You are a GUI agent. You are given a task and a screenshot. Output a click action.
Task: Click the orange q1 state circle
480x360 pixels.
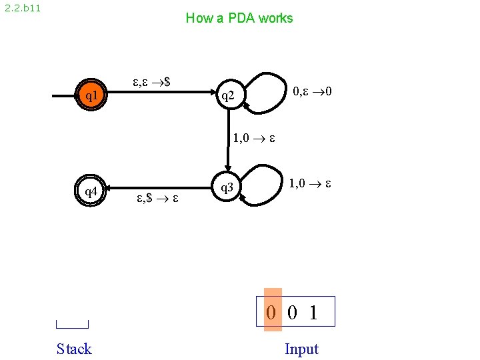point(91,96)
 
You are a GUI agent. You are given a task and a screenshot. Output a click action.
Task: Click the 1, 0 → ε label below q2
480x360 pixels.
point(254,139)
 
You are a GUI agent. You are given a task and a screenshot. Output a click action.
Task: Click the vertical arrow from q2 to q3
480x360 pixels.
point(227,140)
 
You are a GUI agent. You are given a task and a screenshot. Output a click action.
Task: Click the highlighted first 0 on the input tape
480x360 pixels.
point(271,312)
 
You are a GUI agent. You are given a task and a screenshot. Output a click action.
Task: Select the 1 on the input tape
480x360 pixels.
point(313,312)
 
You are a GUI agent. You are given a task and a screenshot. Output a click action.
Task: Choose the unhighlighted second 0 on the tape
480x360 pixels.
point(292,312)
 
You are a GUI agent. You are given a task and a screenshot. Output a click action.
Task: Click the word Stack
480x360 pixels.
point(74,349)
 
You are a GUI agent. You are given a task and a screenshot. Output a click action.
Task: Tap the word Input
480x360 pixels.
point(301,349)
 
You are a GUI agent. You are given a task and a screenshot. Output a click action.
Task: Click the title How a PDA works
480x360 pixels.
point(239,18)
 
